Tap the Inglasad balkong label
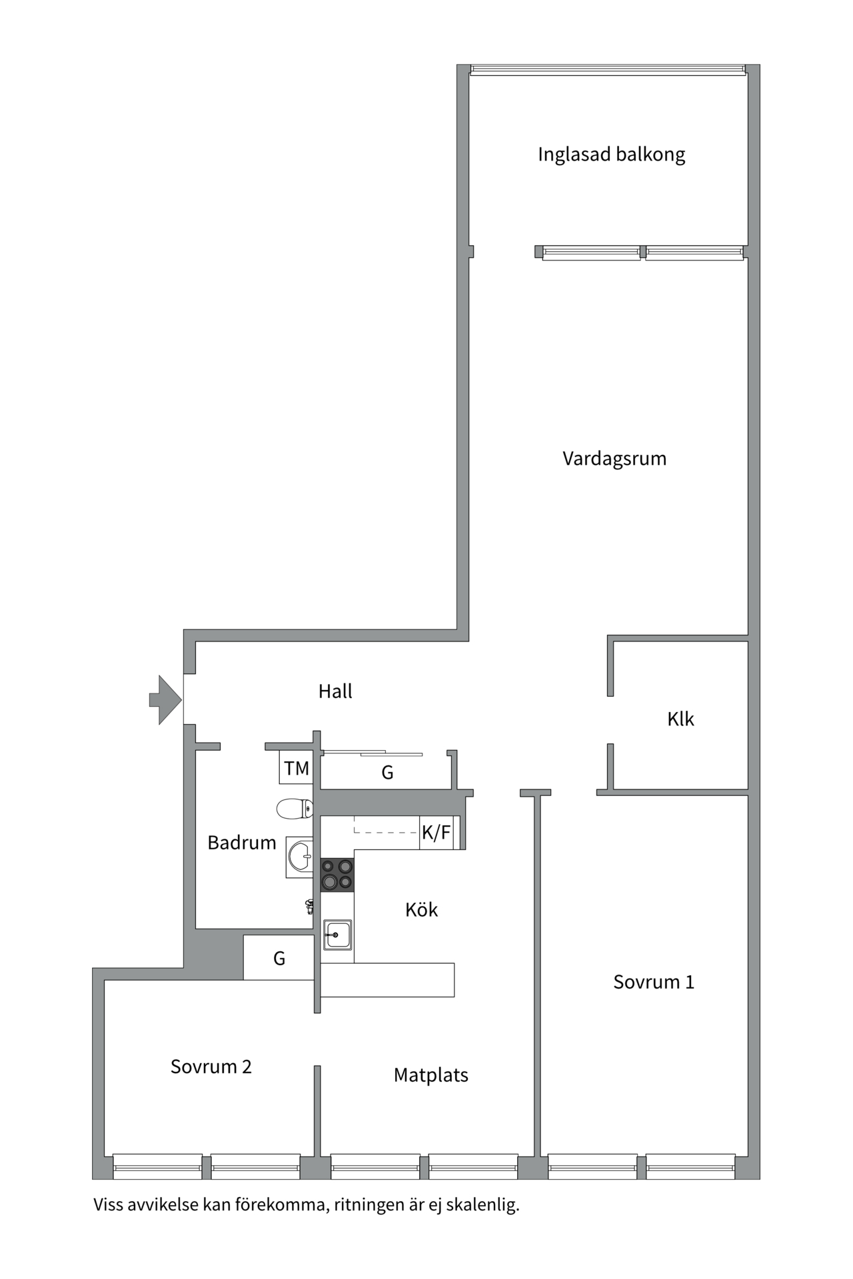(x=611, y=155)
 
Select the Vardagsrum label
(x=614, y=458)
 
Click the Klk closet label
(x=680, y=719)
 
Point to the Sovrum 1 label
(x=653, y=982)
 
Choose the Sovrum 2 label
(x=211, y=1066)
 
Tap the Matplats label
(x=430, y=1075)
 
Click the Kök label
(x=421, y=910)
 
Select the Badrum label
(x=241, y=843)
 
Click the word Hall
(x=335, y=691)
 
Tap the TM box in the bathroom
(x=296, y=768)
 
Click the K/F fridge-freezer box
(x=436, y=832)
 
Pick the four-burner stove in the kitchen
(x=337, y=875)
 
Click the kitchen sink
(x=337, y=935)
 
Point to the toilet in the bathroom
(x=295, y=809)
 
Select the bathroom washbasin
(x=299, y=857)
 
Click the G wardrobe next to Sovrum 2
(x=279, y=958)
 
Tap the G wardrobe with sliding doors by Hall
(x=387, y=772)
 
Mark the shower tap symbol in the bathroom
(x=310, y=906)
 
